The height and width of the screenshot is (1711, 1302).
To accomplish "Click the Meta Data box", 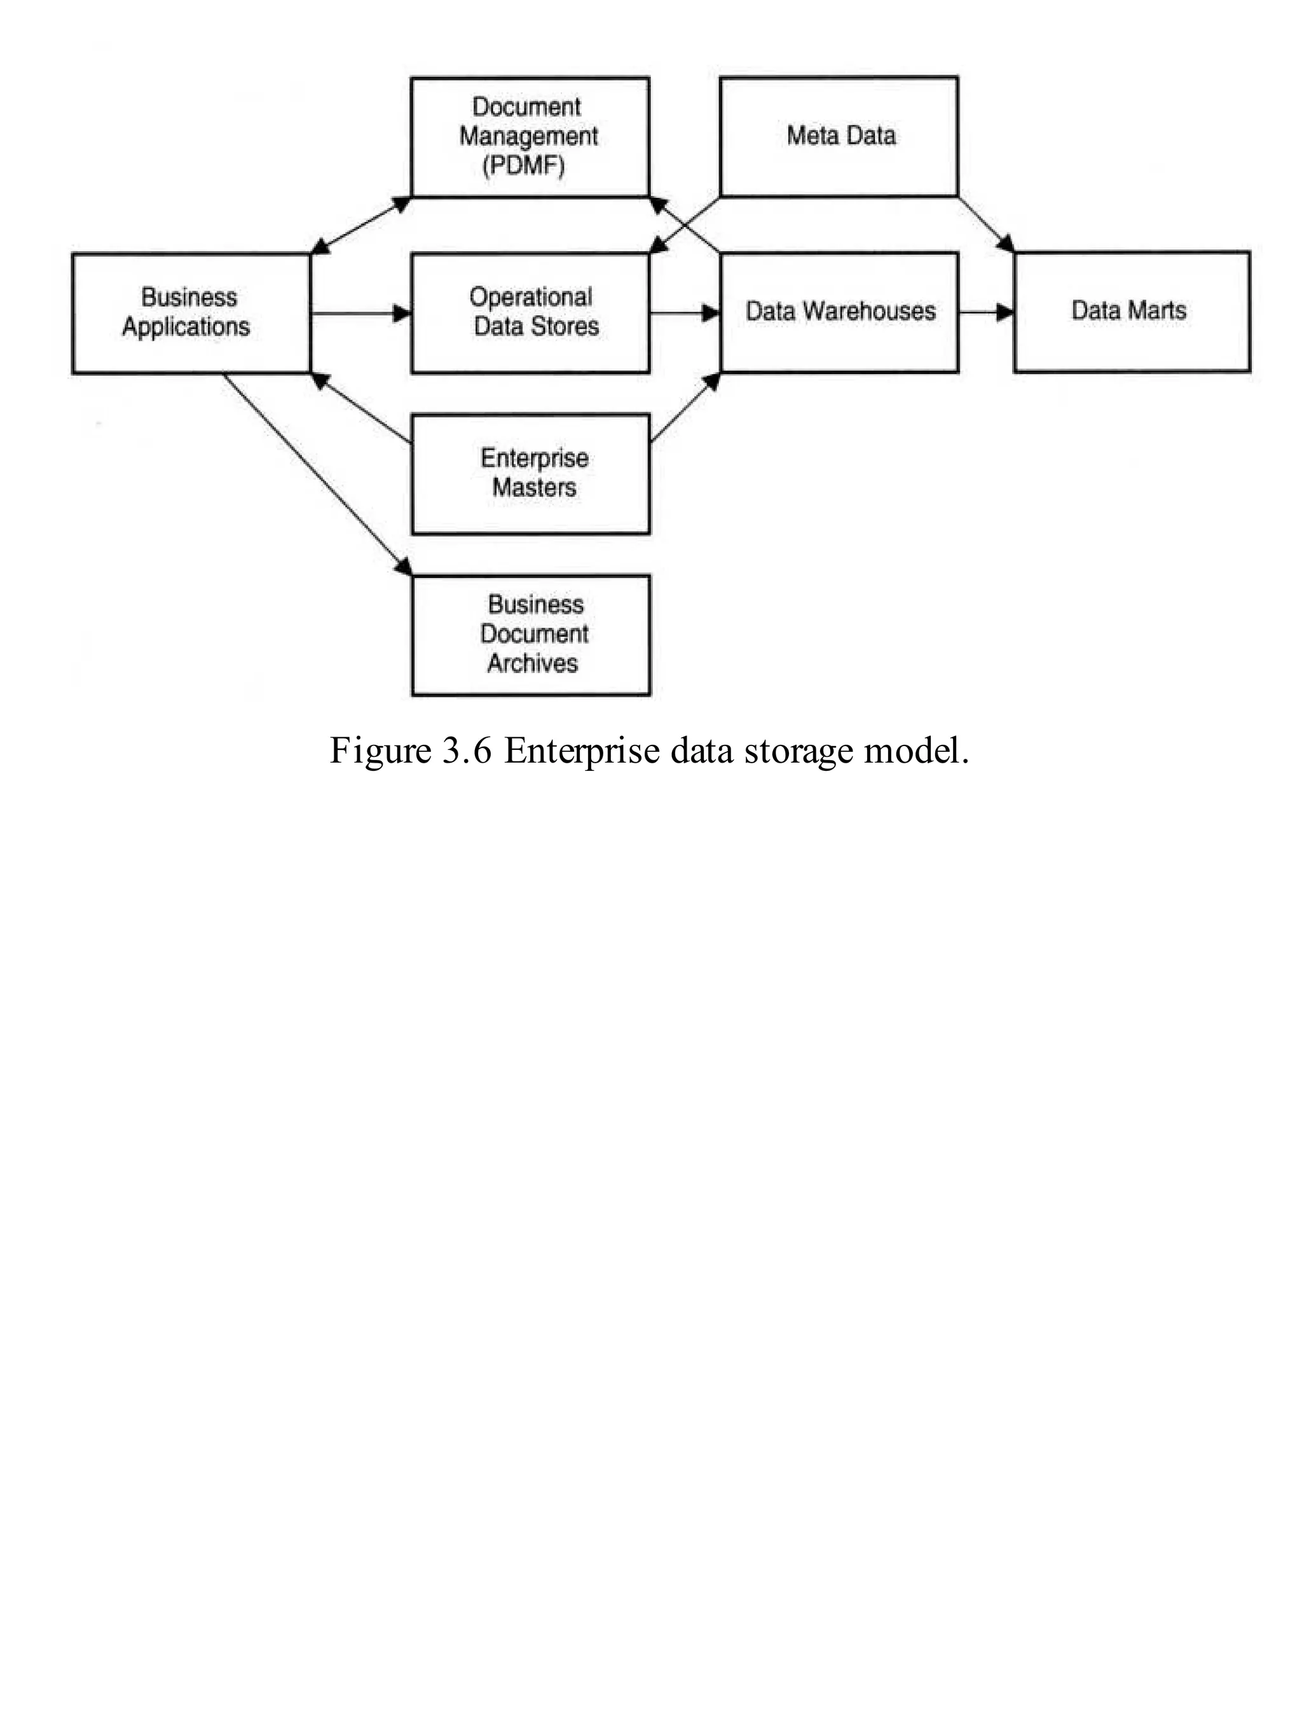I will click(839, 137).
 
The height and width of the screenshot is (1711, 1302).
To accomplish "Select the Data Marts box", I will click(1132, 312).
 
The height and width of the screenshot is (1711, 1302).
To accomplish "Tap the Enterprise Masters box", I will click(531, 474).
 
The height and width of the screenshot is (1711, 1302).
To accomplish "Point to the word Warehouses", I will click(869, 312).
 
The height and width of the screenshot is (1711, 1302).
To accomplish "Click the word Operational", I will click(531, 297).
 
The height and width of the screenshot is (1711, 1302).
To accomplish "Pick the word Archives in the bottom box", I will click(532, 663).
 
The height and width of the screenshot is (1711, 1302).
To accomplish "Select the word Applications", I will click(186, 327).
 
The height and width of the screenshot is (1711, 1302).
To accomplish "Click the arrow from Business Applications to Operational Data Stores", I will click(360, 313).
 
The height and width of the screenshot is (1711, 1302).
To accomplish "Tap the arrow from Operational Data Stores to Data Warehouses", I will click(684, 313).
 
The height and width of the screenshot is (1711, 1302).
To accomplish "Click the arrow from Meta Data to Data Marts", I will click(986, 225).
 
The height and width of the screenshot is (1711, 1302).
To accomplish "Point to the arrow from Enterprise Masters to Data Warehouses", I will click(685, 408).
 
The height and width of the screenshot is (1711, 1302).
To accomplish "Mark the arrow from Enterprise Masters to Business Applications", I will click(361, 408).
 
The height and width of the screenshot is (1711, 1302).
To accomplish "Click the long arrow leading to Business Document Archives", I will click(318, 475).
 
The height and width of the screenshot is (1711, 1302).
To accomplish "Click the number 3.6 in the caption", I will click(467, 751).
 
